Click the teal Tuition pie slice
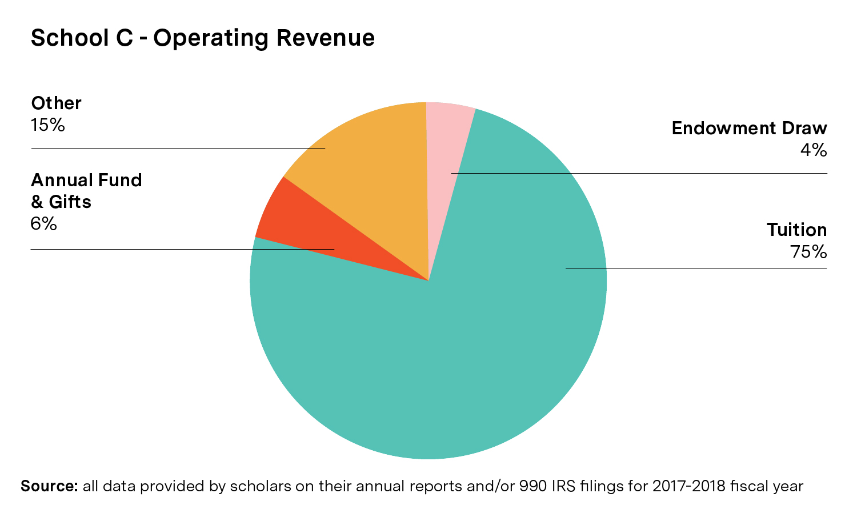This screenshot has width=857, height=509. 457,354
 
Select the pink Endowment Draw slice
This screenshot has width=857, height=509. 448,143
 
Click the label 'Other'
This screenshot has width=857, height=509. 56,103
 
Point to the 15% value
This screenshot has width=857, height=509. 47,125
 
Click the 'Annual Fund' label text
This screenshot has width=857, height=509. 86,181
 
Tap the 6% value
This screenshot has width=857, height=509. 43,224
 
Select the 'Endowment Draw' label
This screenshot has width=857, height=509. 749,129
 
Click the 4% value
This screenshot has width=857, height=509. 814,150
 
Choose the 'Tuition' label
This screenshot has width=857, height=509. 796,230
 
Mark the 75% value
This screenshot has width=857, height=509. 808,252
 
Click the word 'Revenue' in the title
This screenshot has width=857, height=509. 326,38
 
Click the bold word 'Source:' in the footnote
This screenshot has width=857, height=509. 49,486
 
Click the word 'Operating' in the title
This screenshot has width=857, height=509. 211,38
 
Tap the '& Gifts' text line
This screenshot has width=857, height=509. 61,202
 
